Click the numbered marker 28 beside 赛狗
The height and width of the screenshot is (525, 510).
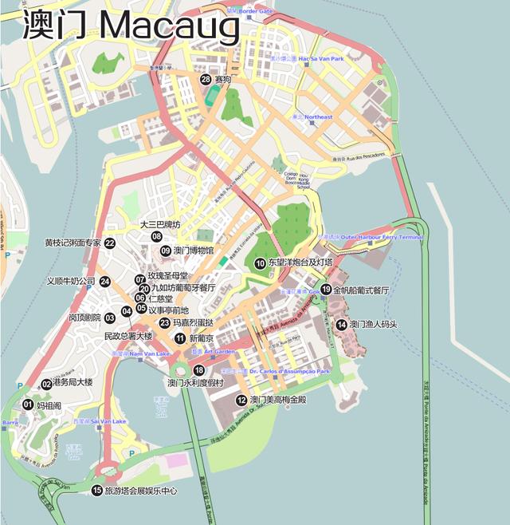click(206, 79)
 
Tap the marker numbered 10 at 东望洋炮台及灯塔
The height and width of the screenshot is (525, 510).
click(260, 262)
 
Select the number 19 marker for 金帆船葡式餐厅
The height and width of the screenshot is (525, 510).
click(325, 290)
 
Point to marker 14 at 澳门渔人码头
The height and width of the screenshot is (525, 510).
click(341, 324)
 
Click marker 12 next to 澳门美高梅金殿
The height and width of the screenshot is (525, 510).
click(241, 400)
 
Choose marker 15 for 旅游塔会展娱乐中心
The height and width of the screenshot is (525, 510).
click(97, 491)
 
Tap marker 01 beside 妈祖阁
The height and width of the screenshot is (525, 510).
click(27, 405)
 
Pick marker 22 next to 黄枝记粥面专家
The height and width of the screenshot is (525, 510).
click(110, 243)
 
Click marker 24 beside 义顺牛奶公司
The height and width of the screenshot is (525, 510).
click(104, 281)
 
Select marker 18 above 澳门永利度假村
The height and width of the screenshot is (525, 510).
click(198, 370)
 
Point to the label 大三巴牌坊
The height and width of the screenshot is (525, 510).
click(160, 224)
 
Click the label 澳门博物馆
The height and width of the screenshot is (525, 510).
click(194, 251)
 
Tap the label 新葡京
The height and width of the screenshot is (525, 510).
click(202, 338)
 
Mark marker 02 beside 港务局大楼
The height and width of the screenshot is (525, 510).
click(46, 384)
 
